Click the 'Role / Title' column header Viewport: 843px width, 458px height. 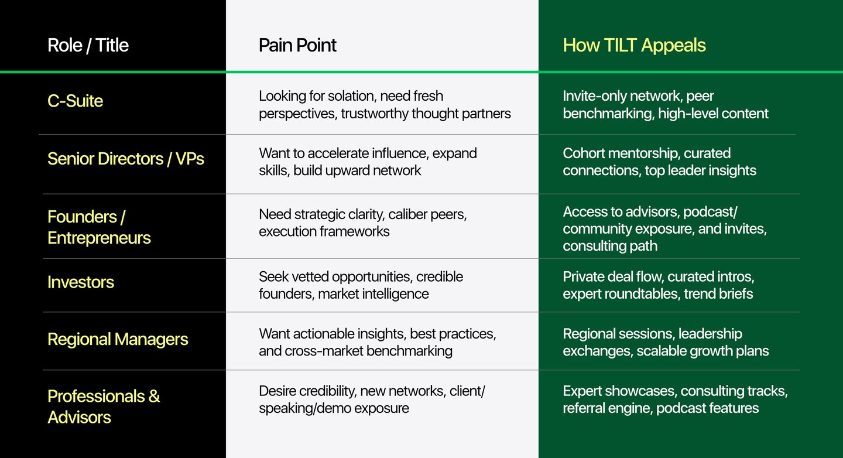pos(88,45)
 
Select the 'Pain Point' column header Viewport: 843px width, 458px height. pos(297,45)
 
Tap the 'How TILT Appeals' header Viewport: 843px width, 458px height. pos(634,45)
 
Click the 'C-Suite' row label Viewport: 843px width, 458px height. pos(75,101)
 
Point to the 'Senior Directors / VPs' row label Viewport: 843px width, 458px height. pos(126,159)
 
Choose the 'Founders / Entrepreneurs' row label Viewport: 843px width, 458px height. pos(99,227)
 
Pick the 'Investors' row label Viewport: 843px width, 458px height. pos(81,282)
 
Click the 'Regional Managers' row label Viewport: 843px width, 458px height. pos(118,339)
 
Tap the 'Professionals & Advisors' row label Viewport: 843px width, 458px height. pos(104,406)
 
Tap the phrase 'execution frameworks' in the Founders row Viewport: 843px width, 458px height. pos(324,231)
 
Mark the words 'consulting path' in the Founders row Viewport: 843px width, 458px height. pos(610,246)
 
